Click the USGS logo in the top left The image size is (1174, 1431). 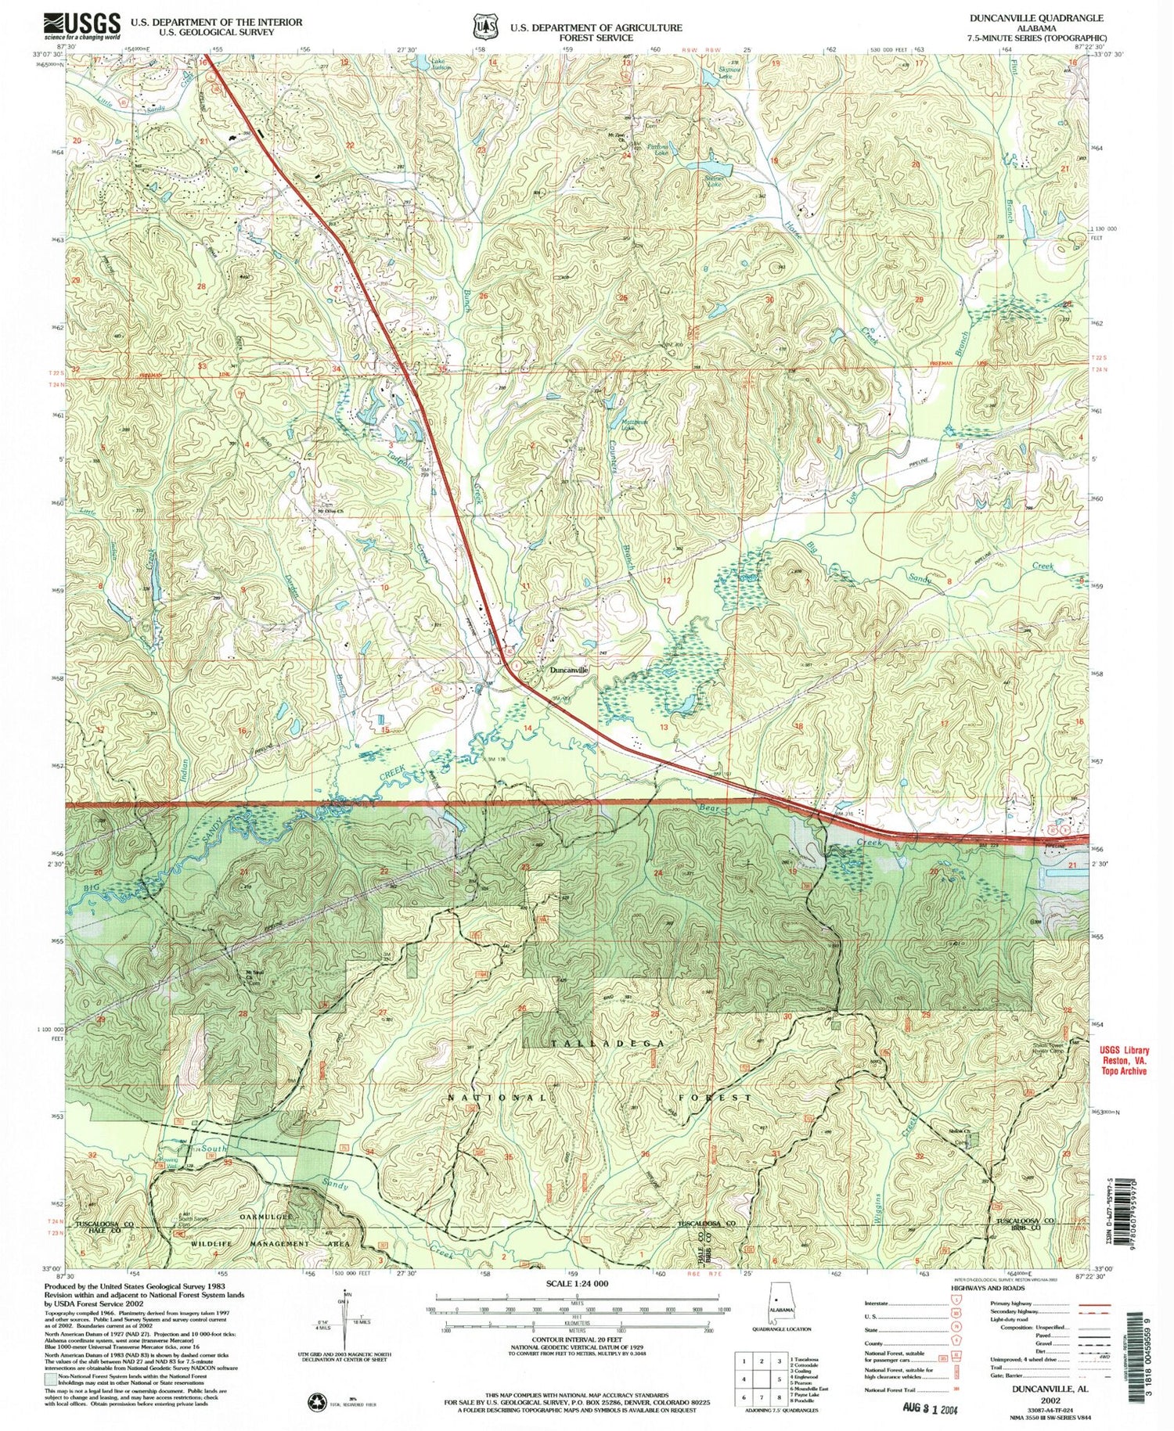(83, 26)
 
